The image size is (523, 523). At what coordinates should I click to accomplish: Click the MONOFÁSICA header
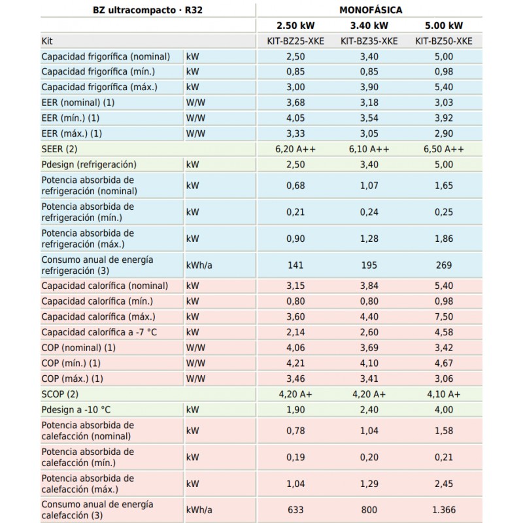pos(371,10)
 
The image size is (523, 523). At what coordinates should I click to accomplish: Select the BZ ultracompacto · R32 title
pos(148,10)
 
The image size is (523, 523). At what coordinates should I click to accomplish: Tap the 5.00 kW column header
pos(444,25)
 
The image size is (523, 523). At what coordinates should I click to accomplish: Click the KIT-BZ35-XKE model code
pos(369,41)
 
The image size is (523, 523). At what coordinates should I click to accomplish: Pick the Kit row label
pos(47,41)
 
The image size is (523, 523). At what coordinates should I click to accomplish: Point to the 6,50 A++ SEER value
pos(444,149)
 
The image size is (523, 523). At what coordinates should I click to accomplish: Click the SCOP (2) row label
pos(59,394)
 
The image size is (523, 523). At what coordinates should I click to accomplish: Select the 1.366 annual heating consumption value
pos(444,510)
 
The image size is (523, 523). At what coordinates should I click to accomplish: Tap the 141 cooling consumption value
pos(295,265)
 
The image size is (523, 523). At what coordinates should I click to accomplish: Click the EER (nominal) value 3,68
pos(295,103)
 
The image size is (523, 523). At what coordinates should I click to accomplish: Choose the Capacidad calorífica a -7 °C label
pos(99,332)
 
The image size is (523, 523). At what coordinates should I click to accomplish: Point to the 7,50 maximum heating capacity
pos(444,316)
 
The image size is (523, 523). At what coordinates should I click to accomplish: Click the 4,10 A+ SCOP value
pos(444,394)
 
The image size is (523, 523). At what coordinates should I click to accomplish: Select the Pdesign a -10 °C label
pos(76,410)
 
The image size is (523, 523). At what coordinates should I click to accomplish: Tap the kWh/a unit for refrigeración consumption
pos(199,265)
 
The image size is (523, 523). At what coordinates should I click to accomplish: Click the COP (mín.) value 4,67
pos(444,363)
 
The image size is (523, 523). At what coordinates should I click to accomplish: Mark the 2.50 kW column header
pos(295,25)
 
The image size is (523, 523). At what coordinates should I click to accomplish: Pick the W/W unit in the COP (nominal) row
pos(195,348)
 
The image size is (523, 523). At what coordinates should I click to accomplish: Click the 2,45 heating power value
pos(444,484)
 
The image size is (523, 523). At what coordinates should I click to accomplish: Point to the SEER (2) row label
pos(59,149)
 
